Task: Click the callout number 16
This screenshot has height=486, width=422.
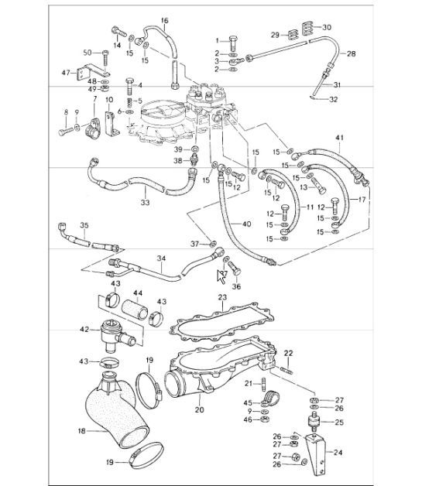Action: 164,19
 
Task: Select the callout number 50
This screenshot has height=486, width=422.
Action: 87,52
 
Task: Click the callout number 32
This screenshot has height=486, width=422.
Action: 333,100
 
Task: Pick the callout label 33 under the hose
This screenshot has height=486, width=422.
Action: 145,204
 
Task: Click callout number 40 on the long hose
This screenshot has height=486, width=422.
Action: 247,224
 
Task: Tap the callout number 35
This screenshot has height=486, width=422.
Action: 84,226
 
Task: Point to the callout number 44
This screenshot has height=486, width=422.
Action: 139,293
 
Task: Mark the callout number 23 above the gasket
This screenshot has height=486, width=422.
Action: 221,296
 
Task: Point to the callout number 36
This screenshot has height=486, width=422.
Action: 237,286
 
